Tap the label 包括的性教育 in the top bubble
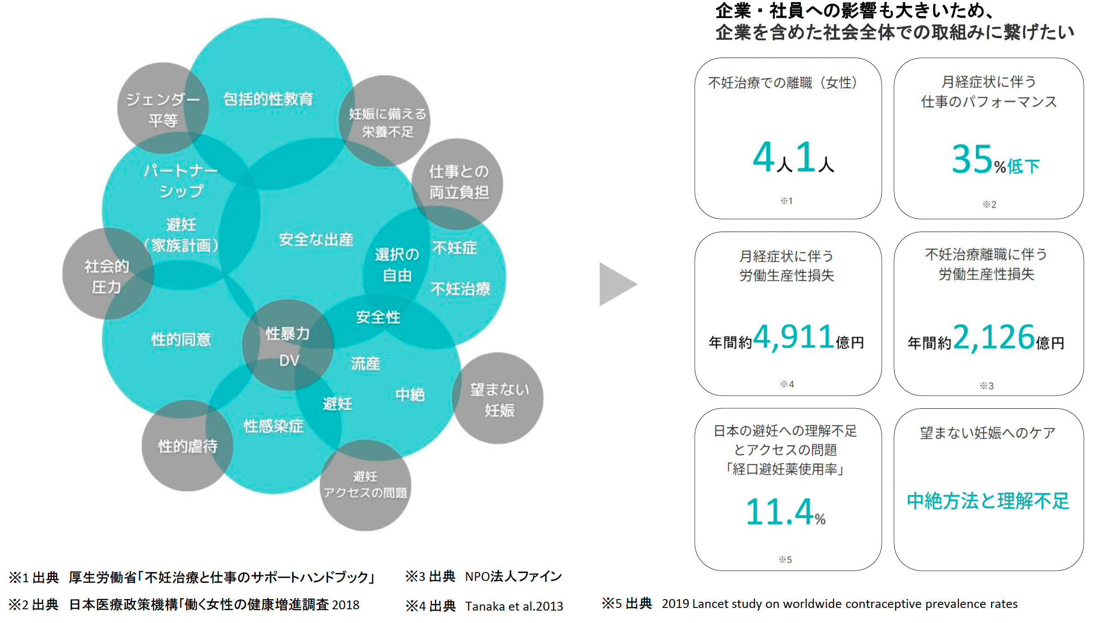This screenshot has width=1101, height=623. tap(268, 99)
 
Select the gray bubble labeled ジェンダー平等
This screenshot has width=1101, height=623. tap(163, 109)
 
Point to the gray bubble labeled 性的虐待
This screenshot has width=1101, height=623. tap(187, 446)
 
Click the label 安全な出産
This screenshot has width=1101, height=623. tap(316, 240)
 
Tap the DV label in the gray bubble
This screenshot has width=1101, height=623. tap(289, 360)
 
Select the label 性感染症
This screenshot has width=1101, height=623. tap(273, 426)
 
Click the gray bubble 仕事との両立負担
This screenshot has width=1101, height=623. tap(458, 182)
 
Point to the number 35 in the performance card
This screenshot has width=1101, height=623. tap(972, 159)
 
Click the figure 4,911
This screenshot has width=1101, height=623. tap(794, 337)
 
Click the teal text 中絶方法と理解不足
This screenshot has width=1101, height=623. tap(988, 501)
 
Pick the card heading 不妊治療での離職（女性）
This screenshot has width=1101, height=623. tap(783, 83)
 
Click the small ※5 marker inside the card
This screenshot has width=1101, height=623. tap(785, 560)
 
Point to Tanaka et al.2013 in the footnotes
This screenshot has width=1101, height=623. tap(514, 606)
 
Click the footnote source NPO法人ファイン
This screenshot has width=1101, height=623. tap(513, 577)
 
